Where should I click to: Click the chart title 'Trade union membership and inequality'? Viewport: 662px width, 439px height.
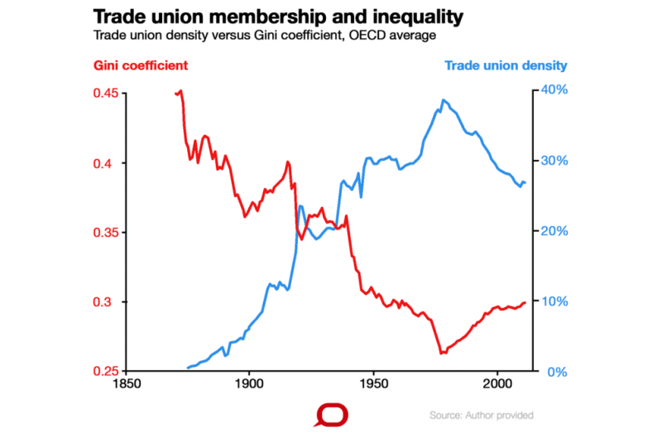tap(278, 17)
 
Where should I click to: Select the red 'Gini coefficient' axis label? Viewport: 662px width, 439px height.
tap(141, 65)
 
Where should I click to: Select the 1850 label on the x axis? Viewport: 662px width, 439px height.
tap(126, 386)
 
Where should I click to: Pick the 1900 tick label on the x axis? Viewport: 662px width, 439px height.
tap(249, 386)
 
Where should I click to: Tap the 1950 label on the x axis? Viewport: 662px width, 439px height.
tap(373, 386)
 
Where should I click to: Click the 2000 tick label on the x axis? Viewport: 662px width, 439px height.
tap(497, 386)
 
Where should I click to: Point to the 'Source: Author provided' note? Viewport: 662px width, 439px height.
tap(482, 415)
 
